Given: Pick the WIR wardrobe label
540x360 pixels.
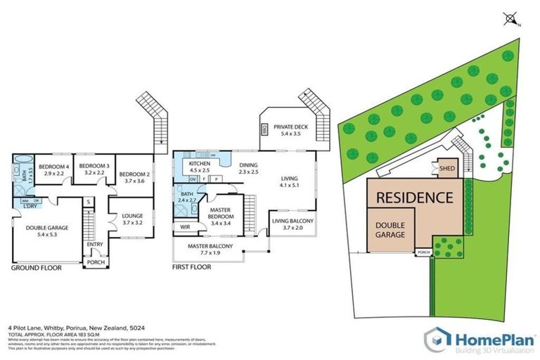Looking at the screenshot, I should point(186,227).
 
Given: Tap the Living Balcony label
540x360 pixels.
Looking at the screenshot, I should point(292,221).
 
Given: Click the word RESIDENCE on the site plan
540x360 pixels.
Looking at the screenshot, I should point(415,198).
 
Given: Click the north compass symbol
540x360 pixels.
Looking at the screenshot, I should point(511,20).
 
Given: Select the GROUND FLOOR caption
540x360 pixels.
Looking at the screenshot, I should point(36,268).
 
